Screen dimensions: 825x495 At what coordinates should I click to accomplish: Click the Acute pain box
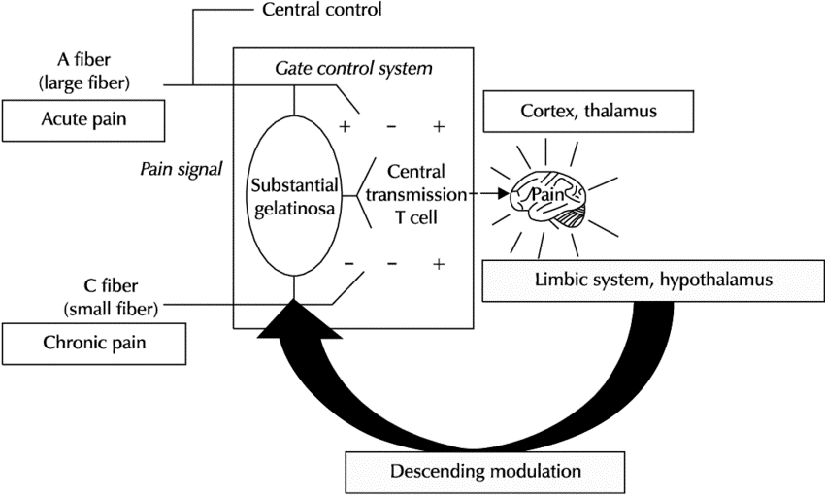point(83,120)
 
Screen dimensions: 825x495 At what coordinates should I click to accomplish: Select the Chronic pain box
point(94,344)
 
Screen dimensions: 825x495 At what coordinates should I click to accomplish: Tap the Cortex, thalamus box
point(588,111)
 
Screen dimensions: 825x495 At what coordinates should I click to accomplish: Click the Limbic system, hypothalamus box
point(653,280)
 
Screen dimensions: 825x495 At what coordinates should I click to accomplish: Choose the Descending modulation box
point(485,472)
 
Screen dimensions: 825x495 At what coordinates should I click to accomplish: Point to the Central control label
point(322,10)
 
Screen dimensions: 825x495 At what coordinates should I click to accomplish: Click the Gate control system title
point(353,68)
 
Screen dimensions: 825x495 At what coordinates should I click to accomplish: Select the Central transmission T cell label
point(416,195)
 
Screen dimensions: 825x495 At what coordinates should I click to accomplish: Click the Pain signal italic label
point(181,169)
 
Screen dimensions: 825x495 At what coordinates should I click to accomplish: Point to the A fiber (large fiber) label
point(84,71)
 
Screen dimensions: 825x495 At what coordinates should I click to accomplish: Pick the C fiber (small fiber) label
point(111,297)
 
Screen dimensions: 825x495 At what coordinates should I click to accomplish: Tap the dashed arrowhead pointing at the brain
point(503,194)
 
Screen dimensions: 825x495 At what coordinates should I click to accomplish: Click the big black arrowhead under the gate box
point(296,319)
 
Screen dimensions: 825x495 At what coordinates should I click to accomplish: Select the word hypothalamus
point(716,280)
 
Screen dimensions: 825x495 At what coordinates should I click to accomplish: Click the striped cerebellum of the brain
point(571,216)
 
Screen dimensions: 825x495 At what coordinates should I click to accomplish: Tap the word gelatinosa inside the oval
point(295,209)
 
